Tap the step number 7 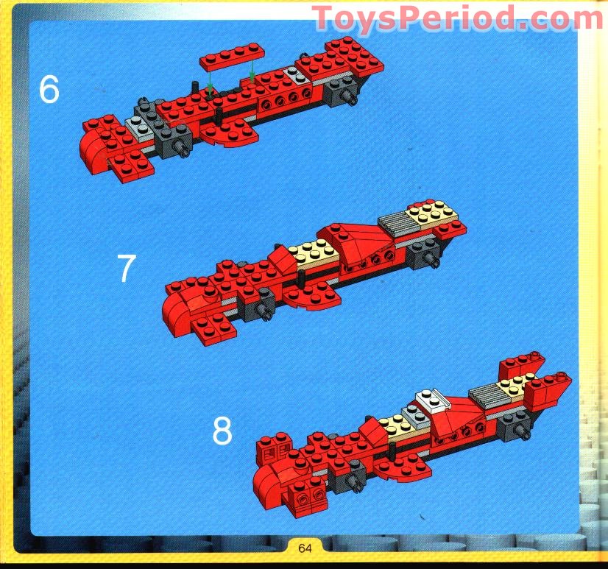pos(126,269)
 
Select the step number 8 pos(222,431)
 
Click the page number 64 pos(305,548)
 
